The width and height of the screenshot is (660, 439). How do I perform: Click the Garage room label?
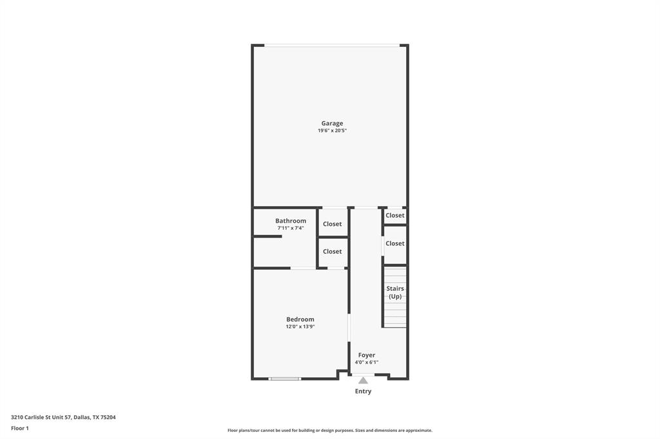click(x=332, y=123)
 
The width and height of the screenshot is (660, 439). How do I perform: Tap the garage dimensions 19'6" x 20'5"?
click(x=332, y=131)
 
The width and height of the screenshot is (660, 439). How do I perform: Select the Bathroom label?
click(x=291, y=221)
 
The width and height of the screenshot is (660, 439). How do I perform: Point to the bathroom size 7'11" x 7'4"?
click(x=291, y=228)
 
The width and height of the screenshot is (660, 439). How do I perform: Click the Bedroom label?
click(x=300, y=319)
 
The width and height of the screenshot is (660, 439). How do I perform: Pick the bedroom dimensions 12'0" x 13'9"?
click(x=300, y=326)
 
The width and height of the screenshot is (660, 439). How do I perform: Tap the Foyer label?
click(x=367, y=355)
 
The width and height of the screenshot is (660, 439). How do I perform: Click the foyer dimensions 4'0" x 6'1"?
click(x=367, y=362)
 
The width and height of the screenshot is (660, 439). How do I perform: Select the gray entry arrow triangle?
click(x=364, y=380)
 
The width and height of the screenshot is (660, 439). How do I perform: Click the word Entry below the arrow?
click(x=364, y=391)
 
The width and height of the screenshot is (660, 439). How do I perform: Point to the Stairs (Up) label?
click(x=395, y=292)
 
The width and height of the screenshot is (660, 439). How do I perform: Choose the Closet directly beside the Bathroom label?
click(x=333, y=224)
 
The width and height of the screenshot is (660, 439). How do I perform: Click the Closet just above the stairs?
click(x=395, y=243)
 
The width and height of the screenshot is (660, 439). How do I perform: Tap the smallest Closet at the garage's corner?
click(x=395, y=215)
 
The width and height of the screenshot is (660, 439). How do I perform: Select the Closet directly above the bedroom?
click(x=333, y=251)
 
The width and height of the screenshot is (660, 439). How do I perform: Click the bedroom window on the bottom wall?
click(x=285, y=378)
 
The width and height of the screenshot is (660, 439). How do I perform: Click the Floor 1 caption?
click(x=20, y=428)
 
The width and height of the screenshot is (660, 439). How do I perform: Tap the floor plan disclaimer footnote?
click(x=329, y=431)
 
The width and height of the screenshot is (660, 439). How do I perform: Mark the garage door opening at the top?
click(x=332, y=45)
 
